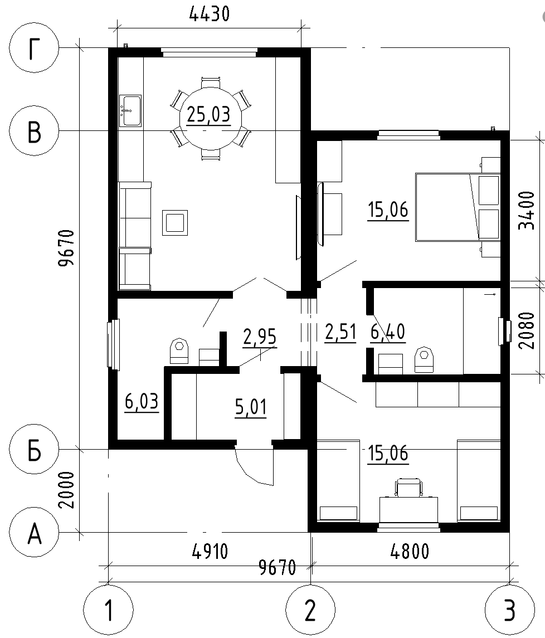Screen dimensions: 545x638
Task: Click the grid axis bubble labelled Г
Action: pyautogui.click(x=34, y=48)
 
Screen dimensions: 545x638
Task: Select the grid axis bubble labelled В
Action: pyautogui.click(x=34, y=130)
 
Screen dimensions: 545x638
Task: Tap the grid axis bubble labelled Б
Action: pyautogui.click(x=34, y=450)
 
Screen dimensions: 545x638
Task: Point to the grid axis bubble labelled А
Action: pyautogui.click(x=34, y=532)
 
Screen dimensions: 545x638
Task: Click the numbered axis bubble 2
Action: pyautogui.click(x=310, y=610)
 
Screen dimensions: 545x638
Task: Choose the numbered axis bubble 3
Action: pyautogui.click(x=509, y=610)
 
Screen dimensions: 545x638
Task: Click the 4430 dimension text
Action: pyautogui.click(x=209, y=14)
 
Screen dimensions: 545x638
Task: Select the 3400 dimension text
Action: pyautogui.click(x=527, y=211)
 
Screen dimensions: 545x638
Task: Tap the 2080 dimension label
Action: pyautogui.click(x=527, y=330)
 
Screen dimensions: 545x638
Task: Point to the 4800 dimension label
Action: pyautogui.click(x=410, y=551)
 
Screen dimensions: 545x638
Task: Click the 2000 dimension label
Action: pyautogui.click(x=67, y=490)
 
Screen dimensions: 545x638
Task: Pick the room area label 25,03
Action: pyautogui.click(x=209, y=115)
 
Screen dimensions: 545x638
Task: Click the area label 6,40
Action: pyautogui.click(x=388, y=332)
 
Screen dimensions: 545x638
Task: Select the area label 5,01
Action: pyautogui.click(x=251, y=407)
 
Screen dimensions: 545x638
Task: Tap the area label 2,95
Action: pyautogui.click(x=260, y=337)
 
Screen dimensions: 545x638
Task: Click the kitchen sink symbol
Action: pyautogui.click(x=130, y=111)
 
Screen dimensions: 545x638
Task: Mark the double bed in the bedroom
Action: pyautogui.click(x=458, y=207)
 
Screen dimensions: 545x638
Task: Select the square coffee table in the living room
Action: pyautogui.click(x=175, y=222)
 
